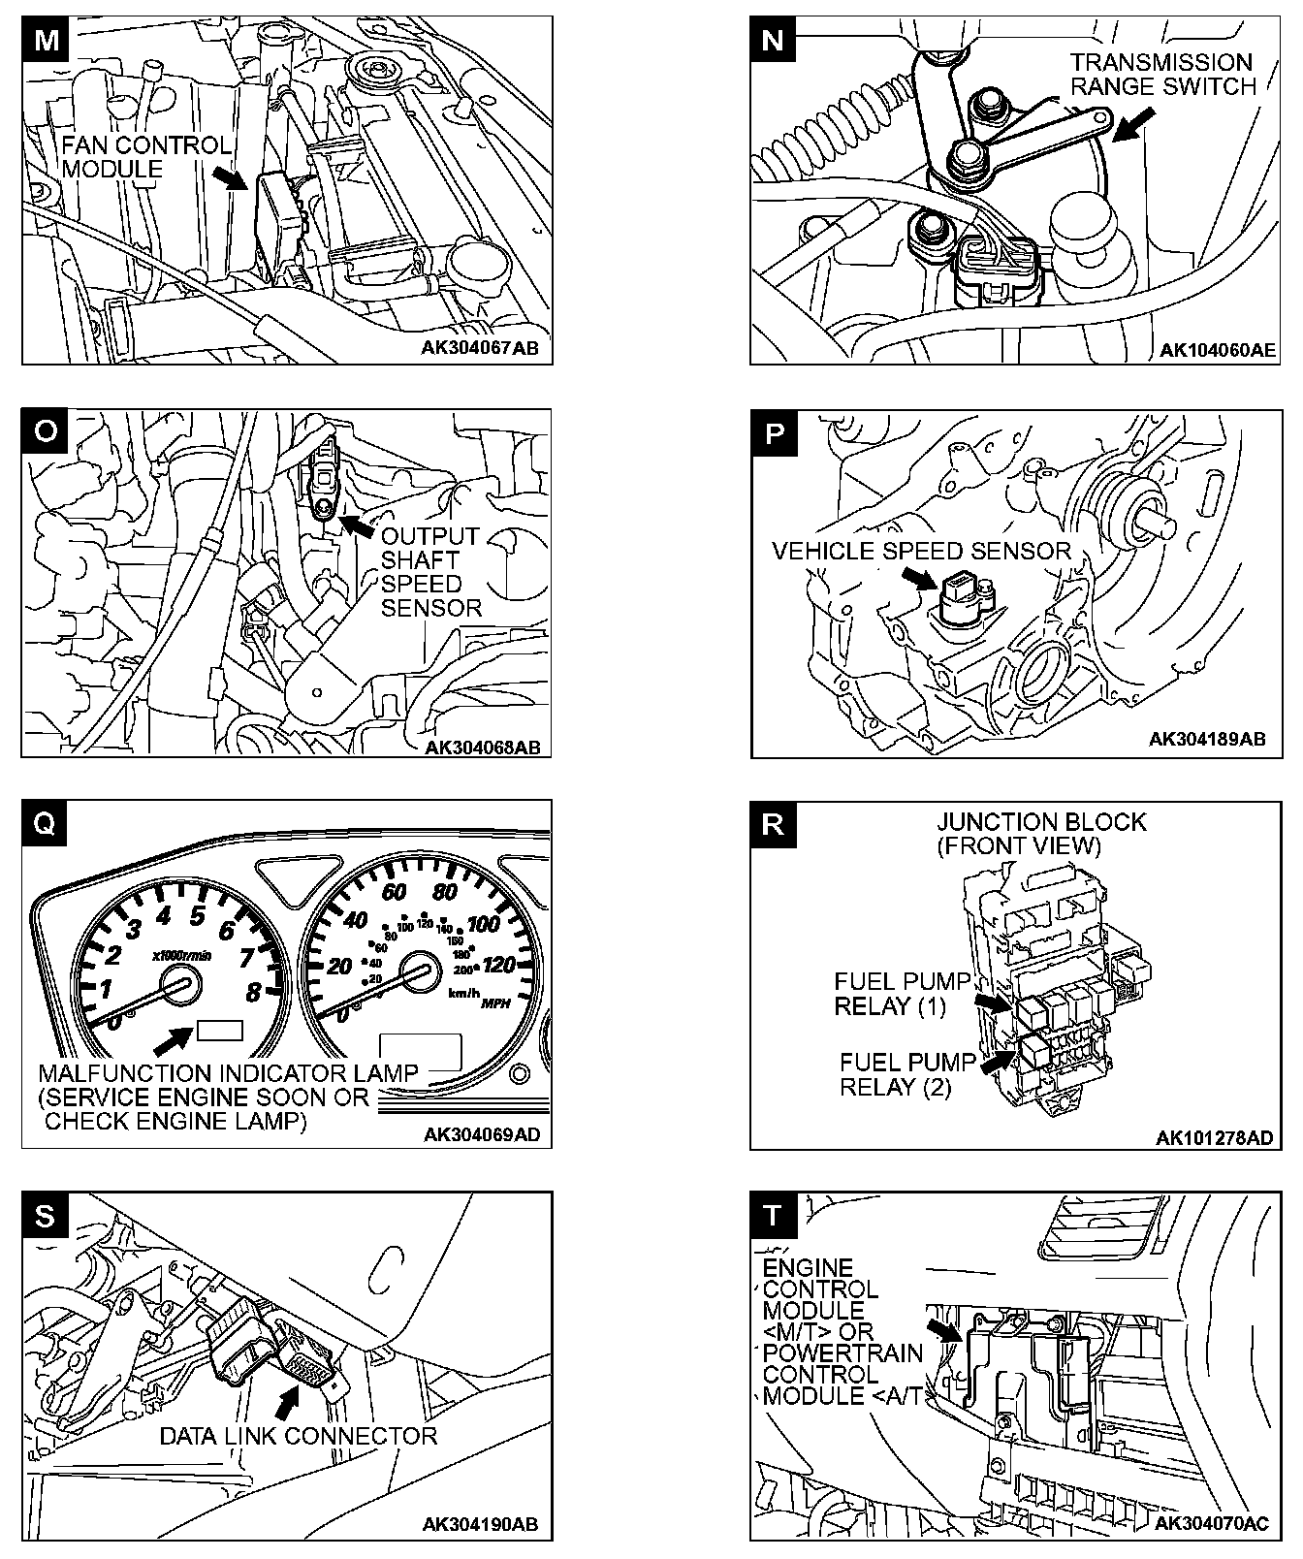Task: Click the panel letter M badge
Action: pos(45,41)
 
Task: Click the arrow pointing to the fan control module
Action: pos(229,178)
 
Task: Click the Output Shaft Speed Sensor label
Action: pos(430,572)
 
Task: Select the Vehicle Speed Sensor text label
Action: pos(921,552)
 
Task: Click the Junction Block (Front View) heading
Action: pos(1040,834)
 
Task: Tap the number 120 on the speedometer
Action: pos(497,965)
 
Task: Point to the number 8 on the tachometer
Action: pos(253,992)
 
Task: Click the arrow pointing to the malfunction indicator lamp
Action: pos(173,1041)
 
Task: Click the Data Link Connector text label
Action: pos(299,1436)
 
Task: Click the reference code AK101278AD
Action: pos(1214,1138)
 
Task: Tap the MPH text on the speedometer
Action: pos(495,1002)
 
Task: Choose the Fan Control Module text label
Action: pos(145,157)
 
